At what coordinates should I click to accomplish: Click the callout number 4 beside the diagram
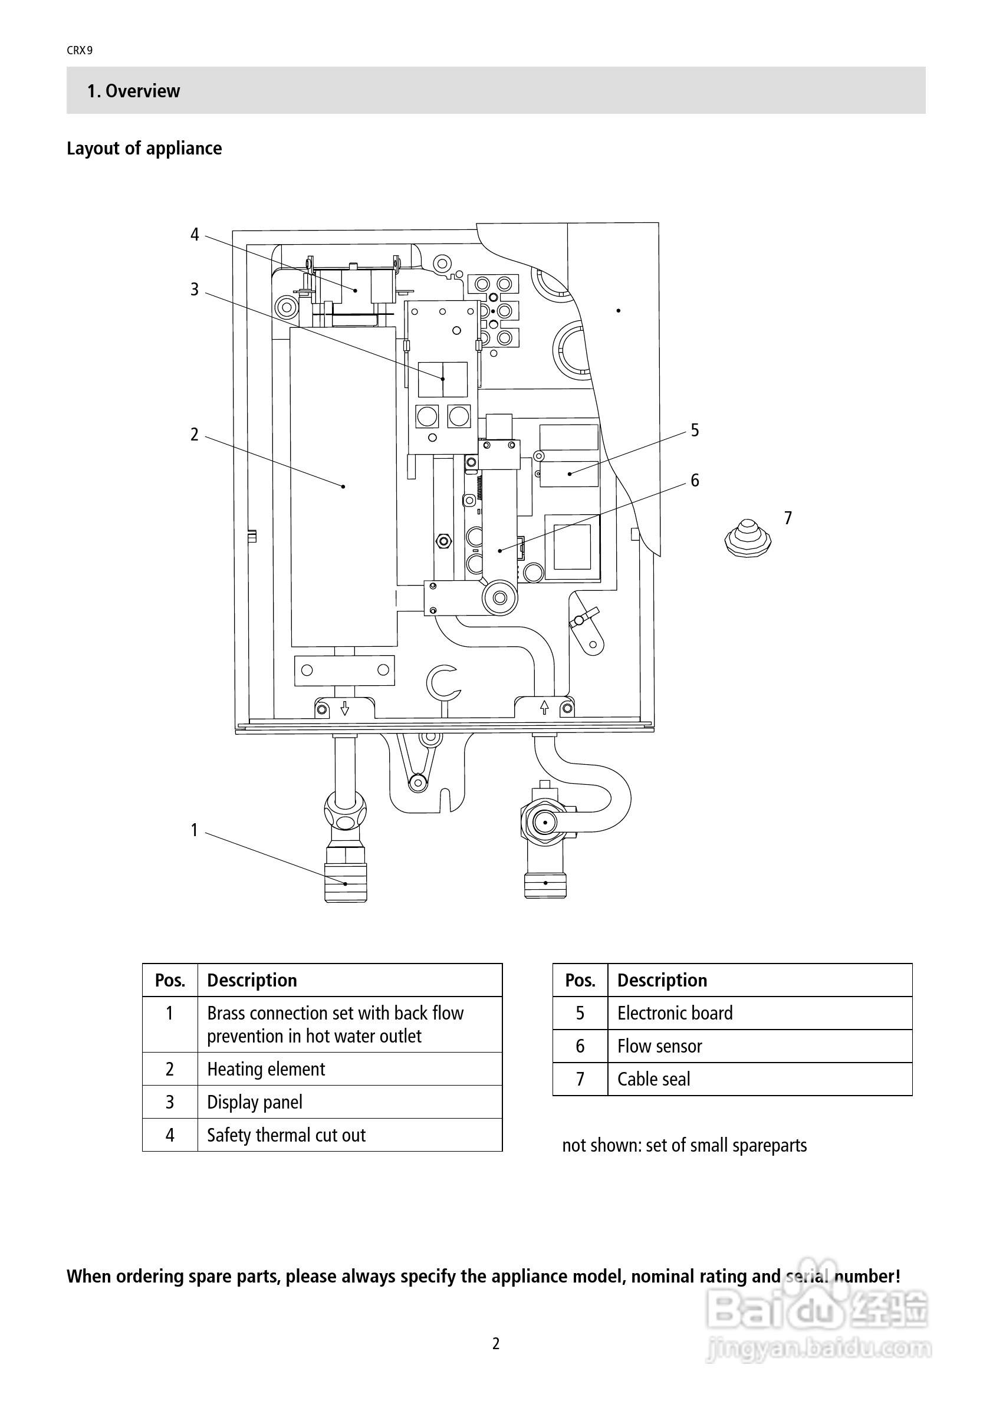tap(195, 235)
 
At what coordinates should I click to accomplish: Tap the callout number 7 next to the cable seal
tap(788, 518)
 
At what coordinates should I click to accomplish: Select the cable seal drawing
tap(747, 538)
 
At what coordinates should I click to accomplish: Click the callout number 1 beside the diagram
tap(195, 830)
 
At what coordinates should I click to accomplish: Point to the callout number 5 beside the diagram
tap(695, 430)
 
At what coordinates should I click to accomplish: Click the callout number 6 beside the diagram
tap(695, 481)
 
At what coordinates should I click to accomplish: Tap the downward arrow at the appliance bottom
tap(345, 708)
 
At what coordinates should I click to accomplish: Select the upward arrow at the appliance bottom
tap(544, 708)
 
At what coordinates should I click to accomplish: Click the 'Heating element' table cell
tap(350, 1069)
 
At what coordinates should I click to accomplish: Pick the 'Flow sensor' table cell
tap(760, 1046)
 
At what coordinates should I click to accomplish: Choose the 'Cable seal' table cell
tap(760, 1079)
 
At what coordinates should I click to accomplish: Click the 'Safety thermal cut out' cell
tap(350, 1135)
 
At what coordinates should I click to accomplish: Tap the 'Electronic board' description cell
tap(760, 1013)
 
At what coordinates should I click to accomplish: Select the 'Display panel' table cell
tap(350, 1102)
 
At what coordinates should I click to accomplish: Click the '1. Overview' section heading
tap(133, 91)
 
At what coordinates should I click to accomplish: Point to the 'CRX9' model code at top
tap(80, 51)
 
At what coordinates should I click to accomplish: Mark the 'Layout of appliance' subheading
tap(144, 148)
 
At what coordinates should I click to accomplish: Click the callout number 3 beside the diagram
tap(195, 290)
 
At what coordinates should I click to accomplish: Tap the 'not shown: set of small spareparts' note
tap(684, 1145)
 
